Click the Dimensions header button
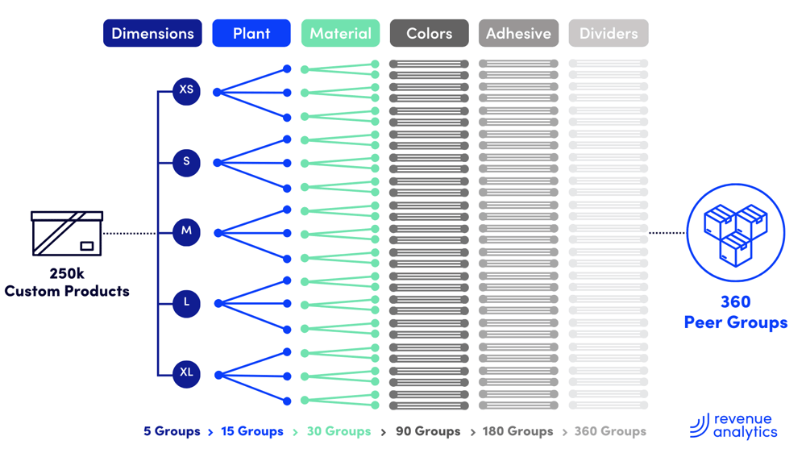(x=152, y=34)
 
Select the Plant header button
(x=251, y=34)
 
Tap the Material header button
(x=340, y=34)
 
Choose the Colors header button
(x=429, y=34)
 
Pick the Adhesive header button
(x=518, y=34)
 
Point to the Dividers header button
(x=609, y=34)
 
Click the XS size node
(x=186, y=90)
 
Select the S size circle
(x=186, y=162)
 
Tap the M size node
(x=186, y=232)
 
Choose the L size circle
(x=186, y=303)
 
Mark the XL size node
(x=186, y=373)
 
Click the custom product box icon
(x=67, y=233)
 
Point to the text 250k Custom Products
(x=67, y=283)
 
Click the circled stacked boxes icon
(x=735, y=233)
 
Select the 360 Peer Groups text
(x=735, y=312)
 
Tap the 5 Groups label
(x=172, y=431)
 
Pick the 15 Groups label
(x=252, y=431)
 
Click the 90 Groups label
(x=428, y=431)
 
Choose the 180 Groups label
(x=517, y=431)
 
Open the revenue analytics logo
(x=734, y=426)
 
